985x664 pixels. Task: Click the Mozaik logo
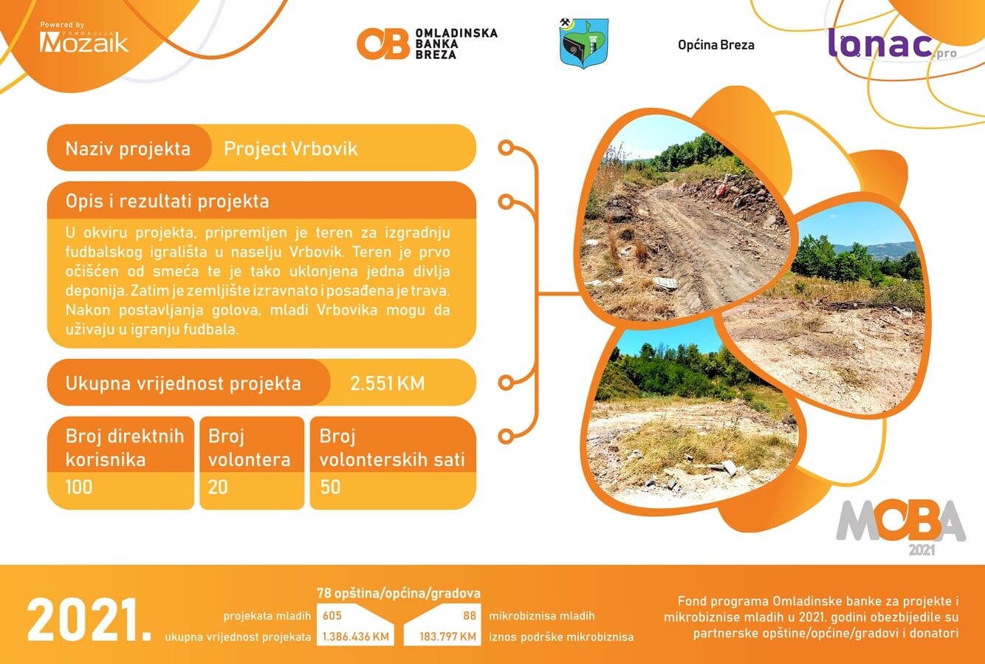pos(83,38)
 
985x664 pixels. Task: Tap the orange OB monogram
pos(382,44)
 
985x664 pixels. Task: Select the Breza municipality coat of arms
pos(583,43)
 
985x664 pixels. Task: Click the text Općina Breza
pos(716,45)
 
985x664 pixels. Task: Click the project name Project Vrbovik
pos(291,148)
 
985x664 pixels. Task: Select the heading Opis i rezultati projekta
pos(167,201)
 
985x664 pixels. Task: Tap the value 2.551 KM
pos(388,383)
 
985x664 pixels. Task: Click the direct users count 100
pos(79,487)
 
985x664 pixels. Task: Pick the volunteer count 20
pos(218,487)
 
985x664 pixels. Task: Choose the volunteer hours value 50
pos(330,487)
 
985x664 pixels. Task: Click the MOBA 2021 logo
pos(901,527)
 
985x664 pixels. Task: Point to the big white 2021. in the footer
pos(89,620)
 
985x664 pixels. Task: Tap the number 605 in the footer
pos(332,615)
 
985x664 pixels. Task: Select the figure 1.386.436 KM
pos(356,636)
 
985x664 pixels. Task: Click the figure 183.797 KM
pos(447,636)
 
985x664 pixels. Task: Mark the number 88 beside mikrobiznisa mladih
pos(470,615)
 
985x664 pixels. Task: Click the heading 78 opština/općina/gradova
pos(399,593)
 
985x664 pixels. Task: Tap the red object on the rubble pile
pos(721,190)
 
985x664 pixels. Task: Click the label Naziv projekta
pos(128,148)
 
